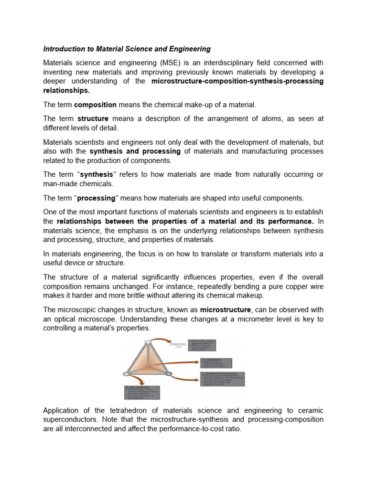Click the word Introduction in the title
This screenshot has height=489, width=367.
63,49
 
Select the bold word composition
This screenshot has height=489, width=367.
95,105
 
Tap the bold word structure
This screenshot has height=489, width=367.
93,118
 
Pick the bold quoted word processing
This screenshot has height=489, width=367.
100,198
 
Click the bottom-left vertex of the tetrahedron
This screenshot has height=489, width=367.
127,373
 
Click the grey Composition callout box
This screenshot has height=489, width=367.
215,362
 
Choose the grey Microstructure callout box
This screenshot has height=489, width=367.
141,392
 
